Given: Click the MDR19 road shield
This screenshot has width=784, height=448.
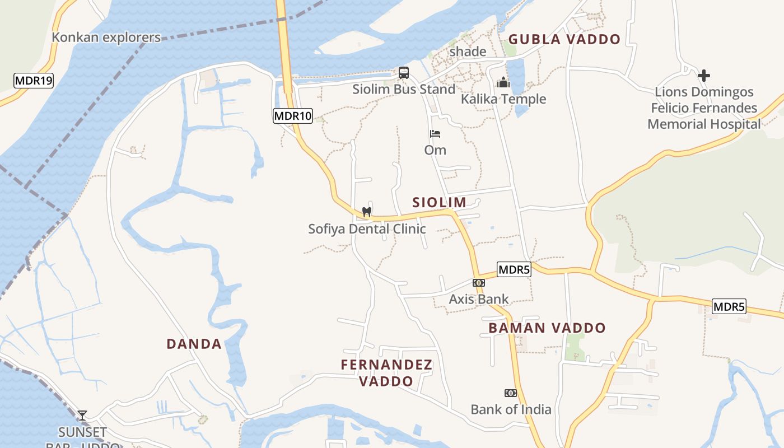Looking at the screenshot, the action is [x=33, y=81].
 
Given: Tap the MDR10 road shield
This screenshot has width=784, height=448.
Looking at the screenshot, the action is [x=293, y=116].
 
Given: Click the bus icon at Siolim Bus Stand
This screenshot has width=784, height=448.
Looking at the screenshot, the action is [x=404, y=73].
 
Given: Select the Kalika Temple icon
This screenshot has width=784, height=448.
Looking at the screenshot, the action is [x=503, y=82].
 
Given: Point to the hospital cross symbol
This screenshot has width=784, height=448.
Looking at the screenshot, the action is [x=704, y=75].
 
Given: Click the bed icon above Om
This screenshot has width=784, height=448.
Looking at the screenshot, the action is [x=435, y=134].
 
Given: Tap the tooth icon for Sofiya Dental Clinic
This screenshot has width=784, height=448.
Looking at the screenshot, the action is [x=367, y=212].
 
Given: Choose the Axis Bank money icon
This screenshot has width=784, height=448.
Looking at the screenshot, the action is [x=478, y=283].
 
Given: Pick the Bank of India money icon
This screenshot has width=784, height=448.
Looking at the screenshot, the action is [x=510, y=393].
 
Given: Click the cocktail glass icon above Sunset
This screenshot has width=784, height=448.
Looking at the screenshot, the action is [x=82, y=415].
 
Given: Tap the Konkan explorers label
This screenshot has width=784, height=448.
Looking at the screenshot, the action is [x=106, y=38].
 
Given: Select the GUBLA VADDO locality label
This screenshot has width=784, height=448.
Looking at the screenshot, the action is [x=564, y=39].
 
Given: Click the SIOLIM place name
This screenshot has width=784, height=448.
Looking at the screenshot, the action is [x=440, y=203].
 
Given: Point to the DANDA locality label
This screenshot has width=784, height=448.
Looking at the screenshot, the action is [x=194, y=344].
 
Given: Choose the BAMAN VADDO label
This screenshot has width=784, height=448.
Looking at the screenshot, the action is [x=547, y=328].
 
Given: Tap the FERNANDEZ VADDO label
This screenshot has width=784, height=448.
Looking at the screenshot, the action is [x=386, y=373].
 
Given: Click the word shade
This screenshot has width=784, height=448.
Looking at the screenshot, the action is [x=468, y=52].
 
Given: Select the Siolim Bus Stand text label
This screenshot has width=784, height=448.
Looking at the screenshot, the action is [x=404, y=89].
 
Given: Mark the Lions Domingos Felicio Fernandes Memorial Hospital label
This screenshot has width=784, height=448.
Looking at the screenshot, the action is [x=704, y=108].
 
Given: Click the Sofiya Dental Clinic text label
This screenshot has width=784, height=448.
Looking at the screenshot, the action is [x=367, y=229].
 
